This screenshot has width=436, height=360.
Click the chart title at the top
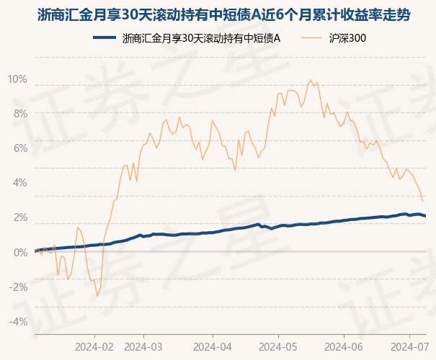tap(224, 14)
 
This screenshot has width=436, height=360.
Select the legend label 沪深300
tap(347, 38)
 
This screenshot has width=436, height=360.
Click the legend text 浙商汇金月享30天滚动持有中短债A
tap(201, 38)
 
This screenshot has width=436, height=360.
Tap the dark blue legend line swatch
tap(104, 37)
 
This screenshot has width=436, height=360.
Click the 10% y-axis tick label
tap(17, 79)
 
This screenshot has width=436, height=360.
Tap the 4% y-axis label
tap(20, 183)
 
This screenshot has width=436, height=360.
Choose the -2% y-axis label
tap(18, 287)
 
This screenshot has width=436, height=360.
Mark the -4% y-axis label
tap(18, 322)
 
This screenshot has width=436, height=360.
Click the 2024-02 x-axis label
tap(94, 346)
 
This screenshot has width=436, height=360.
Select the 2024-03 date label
tap(143, 346)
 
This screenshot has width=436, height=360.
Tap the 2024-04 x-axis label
tap(213, 346)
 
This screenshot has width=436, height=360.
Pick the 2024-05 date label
tap(278, 346)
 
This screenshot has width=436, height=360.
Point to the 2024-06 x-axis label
tap(344, 346)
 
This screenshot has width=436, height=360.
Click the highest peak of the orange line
tap(311, 80)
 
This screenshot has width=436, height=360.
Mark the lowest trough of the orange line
tap(97, 296)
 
